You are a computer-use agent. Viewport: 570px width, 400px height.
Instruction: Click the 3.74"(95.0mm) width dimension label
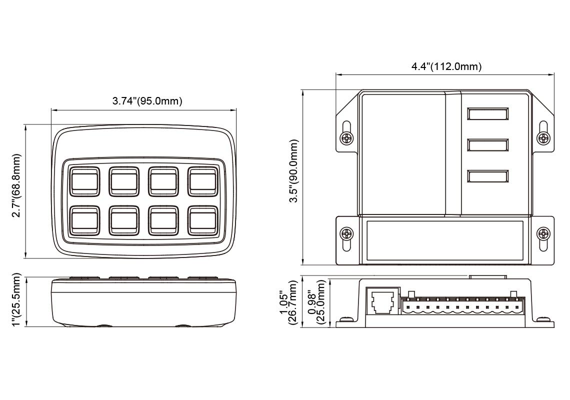pos(147,101)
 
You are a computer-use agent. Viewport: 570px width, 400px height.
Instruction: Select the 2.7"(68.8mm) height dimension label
pos(17,185)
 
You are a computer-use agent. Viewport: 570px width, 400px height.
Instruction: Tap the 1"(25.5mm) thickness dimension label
pos(17,300)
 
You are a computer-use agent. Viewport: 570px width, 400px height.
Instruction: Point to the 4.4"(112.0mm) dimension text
pos(446,67)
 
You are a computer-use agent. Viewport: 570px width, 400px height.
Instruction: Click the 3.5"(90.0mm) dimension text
pos(295,171)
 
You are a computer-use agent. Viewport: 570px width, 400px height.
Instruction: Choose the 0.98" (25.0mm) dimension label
pos(316,302)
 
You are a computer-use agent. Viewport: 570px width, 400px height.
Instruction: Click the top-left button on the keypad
pos(83,181)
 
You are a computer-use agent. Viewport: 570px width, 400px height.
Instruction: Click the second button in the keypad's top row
pos(123,181)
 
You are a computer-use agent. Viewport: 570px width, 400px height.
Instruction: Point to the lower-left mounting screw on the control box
pos(346,233)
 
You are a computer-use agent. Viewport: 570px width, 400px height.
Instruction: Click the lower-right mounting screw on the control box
pos(542,233)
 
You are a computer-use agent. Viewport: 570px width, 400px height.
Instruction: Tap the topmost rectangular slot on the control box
pos(487,114)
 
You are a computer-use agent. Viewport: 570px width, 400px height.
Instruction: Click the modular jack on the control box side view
pos(382,301)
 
